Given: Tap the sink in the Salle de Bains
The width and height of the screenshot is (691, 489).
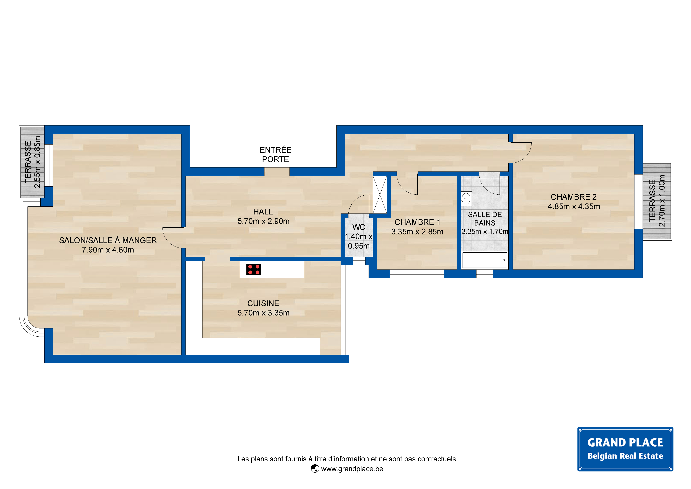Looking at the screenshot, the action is pos(466,199).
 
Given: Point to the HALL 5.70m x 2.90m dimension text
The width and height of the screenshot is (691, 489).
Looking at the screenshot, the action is pos(263,221).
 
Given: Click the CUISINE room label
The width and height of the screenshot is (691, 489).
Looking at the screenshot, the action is pos(263,303).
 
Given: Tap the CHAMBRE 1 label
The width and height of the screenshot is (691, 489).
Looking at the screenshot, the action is pos(417,222).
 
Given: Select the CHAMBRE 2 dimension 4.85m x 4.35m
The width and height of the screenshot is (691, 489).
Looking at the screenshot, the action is pos(574,206).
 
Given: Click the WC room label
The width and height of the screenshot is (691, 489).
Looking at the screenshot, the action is pos(359,227).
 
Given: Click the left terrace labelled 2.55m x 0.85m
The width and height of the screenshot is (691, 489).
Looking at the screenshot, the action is pos(32,162).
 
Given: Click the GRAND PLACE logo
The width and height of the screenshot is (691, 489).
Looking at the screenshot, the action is pos(625,449).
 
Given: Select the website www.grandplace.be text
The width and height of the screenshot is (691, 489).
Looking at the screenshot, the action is pos(352,469).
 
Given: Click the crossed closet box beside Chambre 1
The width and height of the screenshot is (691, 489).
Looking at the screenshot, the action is pos(380,195).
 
